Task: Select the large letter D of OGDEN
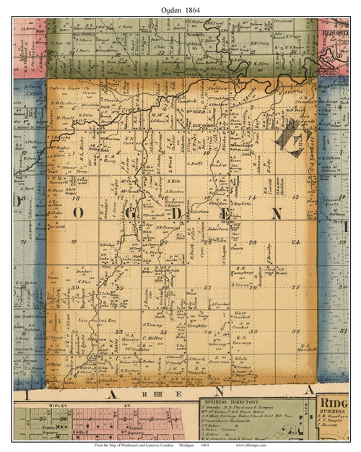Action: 173,210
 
